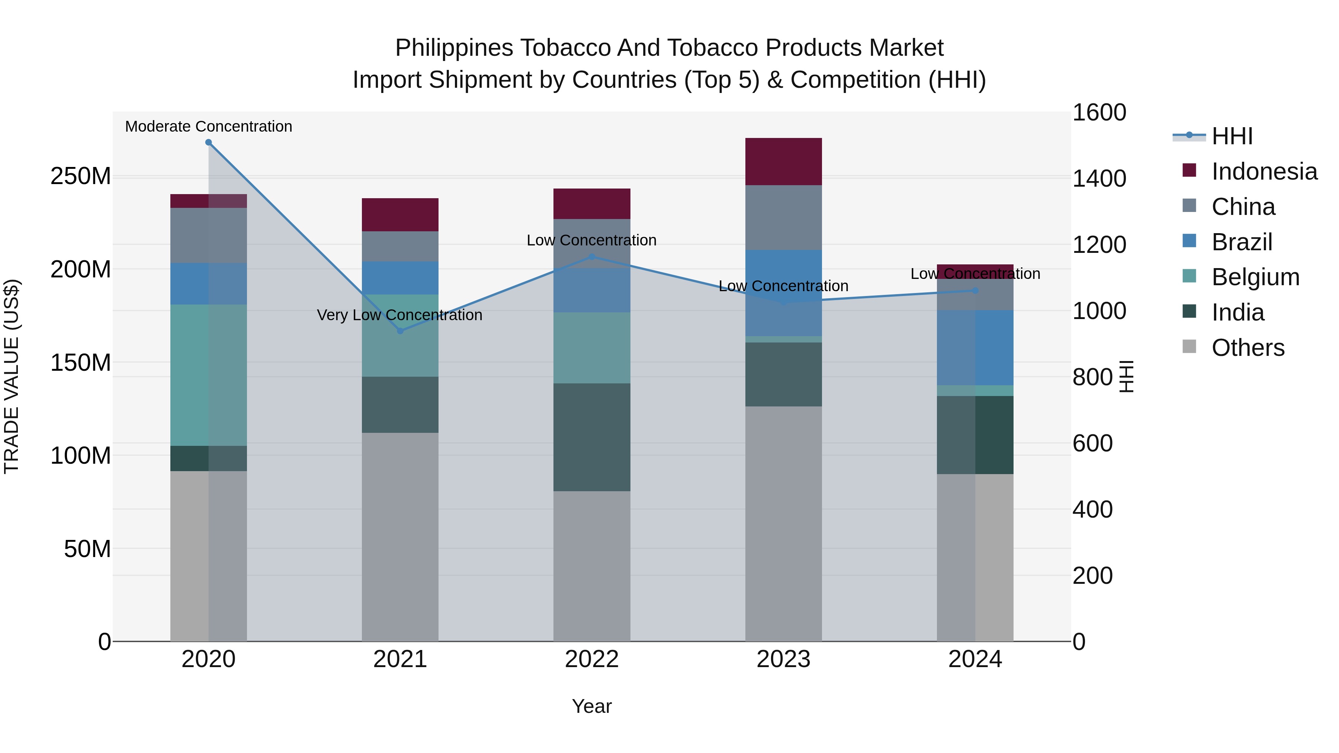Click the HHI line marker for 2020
(208, 142)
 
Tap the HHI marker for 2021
(400, 331)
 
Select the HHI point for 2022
(591, 257)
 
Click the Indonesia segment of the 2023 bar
(783, 162)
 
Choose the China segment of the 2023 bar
(783, 217)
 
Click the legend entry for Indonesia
(1263, 171)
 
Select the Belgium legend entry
(1255, 277)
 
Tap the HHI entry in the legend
(1232, 136)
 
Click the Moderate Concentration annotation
(208, 126)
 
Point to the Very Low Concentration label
(400, 315)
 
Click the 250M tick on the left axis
(81, 176)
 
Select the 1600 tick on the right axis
(1099, 112)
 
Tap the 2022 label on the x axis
(591, 659)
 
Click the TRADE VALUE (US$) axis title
(12, 376)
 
